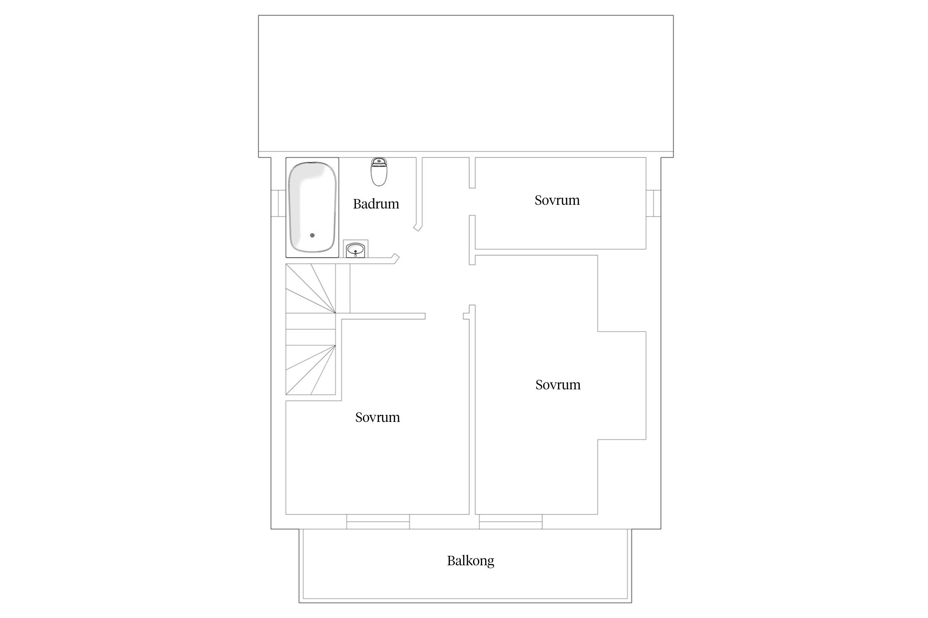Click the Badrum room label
[x=376, y=204]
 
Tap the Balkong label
[x=470, y=561]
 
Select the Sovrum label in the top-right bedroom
[x=557, y=200]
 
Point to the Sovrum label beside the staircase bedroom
[x=377, y=417]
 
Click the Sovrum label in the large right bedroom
[x=558, y=385]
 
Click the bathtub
[x=312, y=207]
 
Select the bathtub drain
[x=312, y=235]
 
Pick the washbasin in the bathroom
[x=355, y=249]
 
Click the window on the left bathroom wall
[x=278, y=203]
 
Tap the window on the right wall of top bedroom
[x=653, y=203]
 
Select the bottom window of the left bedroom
[x=378, y=522]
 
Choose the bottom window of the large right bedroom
[x=511, y=522]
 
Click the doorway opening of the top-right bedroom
[x=472, y=201]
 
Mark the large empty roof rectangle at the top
[x=466, y=84]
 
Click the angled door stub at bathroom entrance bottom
[x=395, y=258]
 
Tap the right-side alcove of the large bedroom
[x=622, y=385]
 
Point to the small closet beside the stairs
[x=343, y=288]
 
